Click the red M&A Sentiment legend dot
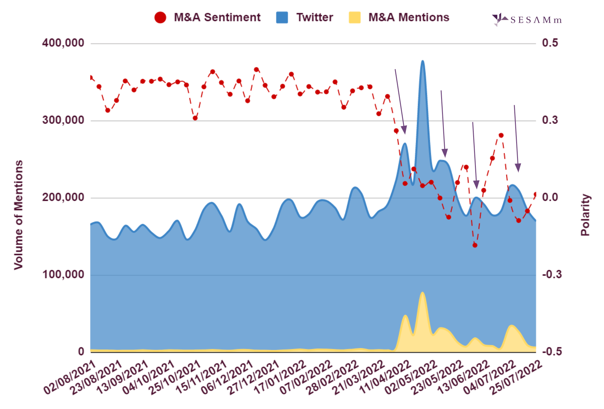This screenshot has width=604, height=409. [160, 17]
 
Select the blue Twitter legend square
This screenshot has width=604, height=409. [282, 17]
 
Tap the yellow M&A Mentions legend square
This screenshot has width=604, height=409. [354, 17]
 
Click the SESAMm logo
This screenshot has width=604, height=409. [527, 20]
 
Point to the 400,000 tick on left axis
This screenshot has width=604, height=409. [63, 43]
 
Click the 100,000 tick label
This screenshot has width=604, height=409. [63, 274]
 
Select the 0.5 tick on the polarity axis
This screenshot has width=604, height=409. [550, 43]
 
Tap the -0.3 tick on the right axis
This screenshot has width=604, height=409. [552, 274]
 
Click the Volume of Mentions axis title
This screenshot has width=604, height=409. [19, 215]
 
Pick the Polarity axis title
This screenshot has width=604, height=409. [585, 215]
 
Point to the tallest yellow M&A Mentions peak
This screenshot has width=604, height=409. [422, 293]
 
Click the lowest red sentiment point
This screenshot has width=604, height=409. [475, 245]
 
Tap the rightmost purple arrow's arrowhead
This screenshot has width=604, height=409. [518, 168]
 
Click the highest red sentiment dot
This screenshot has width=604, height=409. [257, 70]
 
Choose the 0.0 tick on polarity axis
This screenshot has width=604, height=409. [550, 197]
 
